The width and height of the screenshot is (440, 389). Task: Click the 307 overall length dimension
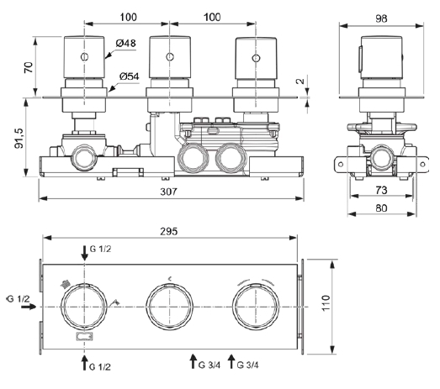point(168,192)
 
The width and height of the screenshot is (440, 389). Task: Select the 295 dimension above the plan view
point(169,232)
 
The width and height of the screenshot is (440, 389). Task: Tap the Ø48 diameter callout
point(125,43)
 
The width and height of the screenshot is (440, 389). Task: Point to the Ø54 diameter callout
point(130,76)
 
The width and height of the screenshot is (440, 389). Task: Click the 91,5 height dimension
point(19,138)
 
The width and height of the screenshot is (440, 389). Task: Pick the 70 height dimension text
point(29,68)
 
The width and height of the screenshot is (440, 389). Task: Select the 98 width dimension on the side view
point(381,18)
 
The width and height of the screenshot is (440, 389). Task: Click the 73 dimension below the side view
point(381,190)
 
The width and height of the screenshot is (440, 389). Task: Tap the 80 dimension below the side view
point(381,208)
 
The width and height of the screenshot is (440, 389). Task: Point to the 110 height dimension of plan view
point(326,302)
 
